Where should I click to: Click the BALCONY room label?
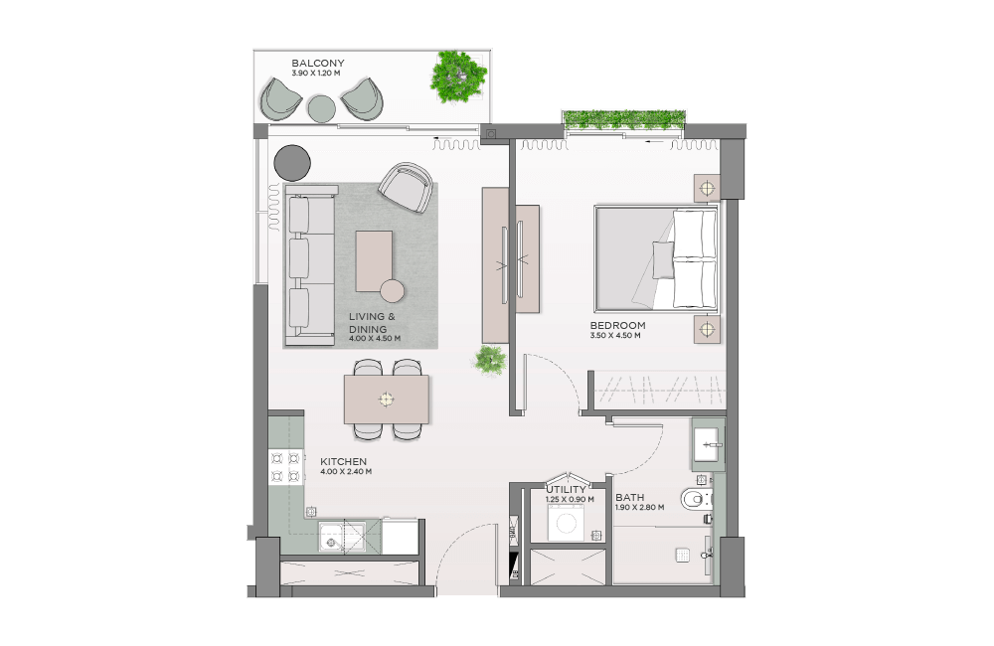coord(318,63)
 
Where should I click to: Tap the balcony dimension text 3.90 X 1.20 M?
coord(316,73)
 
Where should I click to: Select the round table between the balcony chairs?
coord(321,108)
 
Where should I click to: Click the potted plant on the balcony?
coord(458,77)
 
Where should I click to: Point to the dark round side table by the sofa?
coord(292,162)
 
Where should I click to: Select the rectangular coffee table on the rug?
coord(374,261)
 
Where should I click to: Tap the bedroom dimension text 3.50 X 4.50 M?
coord(615,335)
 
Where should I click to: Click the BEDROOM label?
coord(617,325)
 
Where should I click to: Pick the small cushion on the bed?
coord(664,260)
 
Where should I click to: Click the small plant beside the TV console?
coord(489,361)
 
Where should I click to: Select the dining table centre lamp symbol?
coord(386,399)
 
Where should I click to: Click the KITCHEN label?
coord(343,461)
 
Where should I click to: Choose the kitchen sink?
coord(342,537)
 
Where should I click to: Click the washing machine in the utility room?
coord(567,525)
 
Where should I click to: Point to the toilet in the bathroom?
coord(697,500)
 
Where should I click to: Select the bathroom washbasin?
coord(708,444)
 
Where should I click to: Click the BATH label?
coord(629,498)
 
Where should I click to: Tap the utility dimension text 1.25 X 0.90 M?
coord(570,500)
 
